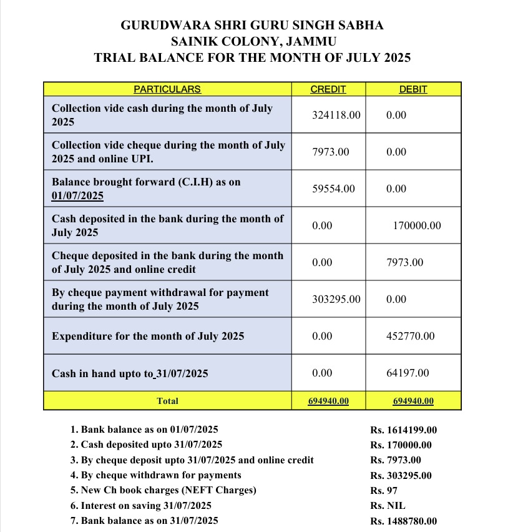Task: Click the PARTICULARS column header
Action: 167,89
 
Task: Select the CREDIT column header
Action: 328,89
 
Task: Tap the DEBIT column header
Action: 413,89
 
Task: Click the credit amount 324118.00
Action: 336,116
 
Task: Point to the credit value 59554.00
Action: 333,189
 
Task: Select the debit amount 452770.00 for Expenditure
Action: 411,337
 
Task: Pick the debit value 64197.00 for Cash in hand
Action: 408,373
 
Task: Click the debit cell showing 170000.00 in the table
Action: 417,226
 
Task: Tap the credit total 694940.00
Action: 328,401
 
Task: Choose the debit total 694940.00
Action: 413,401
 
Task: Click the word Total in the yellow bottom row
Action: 167,401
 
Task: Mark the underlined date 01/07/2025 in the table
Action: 77,196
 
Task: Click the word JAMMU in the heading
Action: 310,42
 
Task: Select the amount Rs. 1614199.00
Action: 403,430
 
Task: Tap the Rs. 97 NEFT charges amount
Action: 384,491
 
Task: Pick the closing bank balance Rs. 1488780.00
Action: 403,521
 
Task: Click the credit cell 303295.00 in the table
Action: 336,300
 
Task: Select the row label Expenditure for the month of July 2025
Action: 148,337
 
